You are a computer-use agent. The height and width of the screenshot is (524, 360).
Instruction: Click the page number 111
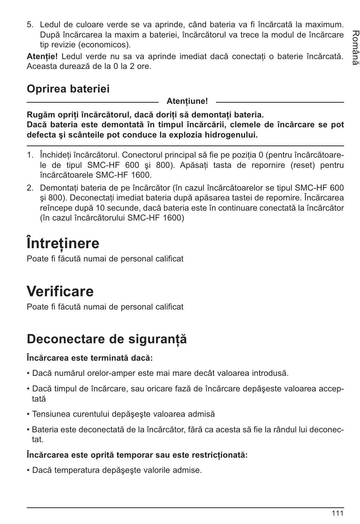click(x=337, y=513)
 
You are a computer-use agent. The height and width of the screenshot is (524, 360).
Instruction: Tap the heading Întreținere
click(x=63, y=243)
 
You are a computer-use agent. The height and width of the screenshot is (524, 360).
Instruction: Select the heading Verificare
click(x=60, y=291)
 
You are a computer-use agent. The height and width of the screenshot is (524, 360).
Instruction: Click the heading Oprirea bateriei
click(x=68, y=89)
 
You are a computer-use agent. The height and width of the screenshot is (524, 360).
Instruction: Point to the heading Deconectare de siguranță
click(x=107, y=339)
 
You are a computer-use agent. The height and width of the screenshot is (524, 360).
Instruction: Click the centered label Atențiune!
click(x=187, y=101)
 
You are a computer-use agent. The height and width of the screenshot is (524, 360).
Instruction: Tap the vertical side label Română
click(x=354, y=48)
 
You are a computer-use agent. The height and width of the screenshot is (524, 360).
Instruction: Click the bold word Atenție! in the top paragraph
click(x=42, y=56)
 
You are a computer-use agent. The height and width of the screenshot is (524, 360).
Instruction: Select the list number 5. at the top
click(x=30, y=25)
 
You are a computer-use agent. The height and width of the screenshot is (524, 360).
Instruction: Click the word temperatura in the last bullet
click(x=74, y=470)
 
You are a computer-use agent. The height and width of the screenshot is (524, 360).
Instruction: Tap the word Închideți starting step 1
click(x=55, y=155)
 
